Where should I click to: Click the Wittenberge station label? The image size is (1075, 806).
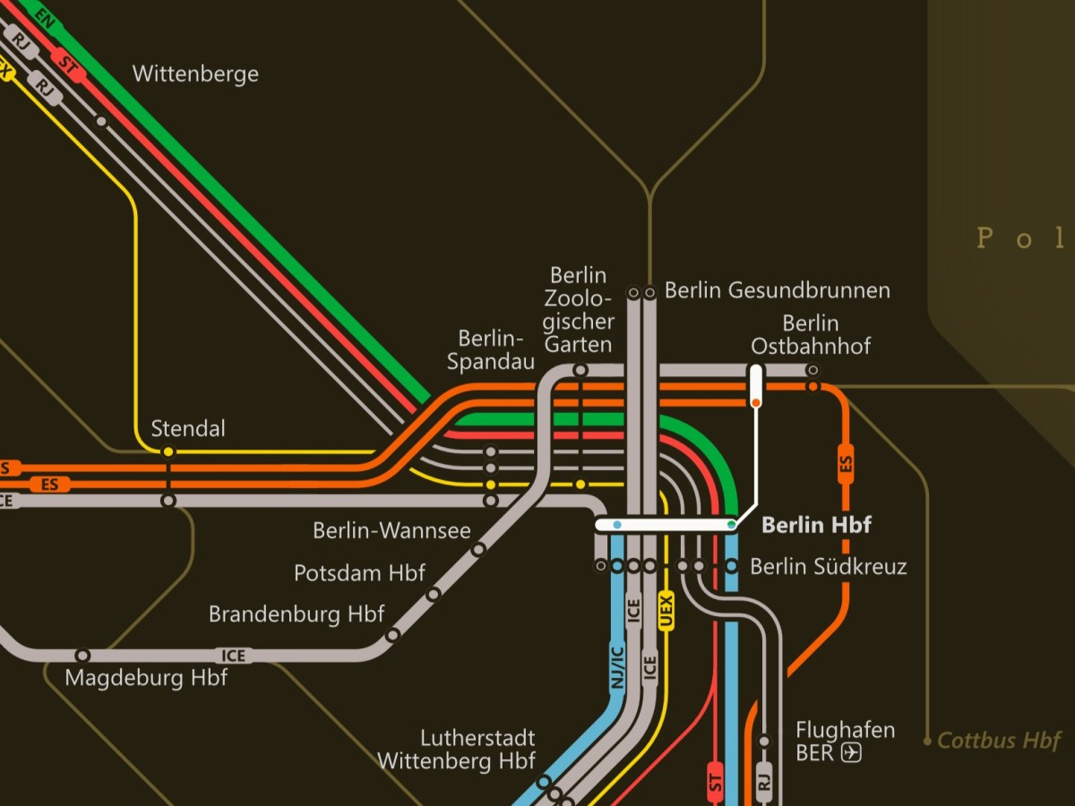(x=195, y=73)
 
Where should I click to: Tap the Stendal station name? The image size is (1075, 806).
(x=188, y=429)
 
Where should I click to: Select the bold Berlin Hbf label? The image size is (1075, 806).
(x=816, y=525)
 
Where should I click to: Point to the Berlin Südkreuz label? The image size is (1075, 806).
(x=829, y=567)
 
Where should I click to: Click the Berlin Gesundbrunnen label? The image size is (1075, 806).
(x=778, y=290)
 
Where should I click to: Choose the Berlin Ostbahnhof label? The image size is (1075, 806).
(x=811, y=334)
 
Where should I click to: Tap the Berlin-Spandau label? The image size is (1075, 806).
(x=491, y=350)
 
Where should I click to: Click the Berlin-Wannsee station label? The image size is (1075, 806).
(x=391, y=530)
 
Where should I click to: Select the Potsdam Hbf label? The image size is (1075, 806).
(x=359, y=573)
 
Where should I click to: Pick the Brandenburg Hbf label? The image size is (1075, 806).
(x=297, y=614)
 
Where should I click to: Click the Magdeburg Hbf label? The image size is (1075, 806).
(x=146, y=678)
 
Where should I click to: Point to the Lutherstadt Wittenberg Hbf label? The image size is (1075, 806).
(x=456, y=750)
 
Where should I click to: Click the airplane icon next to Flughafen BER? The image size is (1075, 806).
(x=851, y=753)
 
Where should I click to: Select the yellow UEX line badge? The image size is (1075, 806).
(x=666, y=611)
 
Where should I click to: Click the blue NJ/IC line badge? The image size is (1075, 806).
(x=616, y=667)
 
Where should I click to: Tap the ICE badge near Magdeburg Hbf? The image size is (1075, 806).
(x=233, y=656)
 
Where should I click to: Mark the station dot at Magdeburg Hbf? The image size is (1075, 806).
(x=82, y=656)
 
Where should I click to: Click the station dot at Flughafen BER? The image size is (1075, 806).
(x=764, y=741)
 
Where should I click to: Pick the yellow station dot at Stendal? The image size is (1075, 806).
(x=168, y=452)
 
